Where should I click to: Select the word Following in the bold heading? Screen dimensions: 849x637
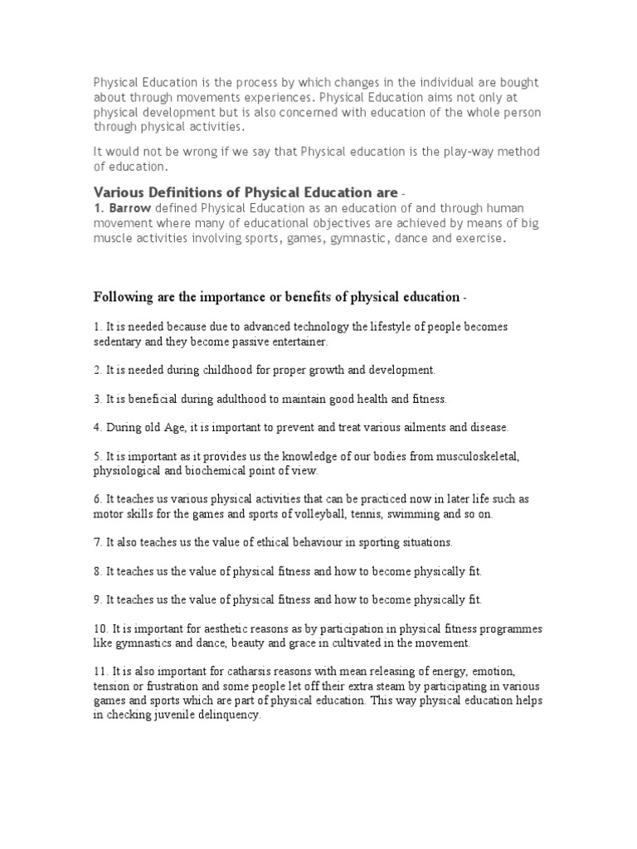(x=121, y=297)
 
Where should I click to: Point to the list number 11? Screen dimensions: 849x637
(x=99, y=671)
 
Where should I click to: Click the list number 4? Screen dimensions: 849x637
(x=96, y=427)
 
